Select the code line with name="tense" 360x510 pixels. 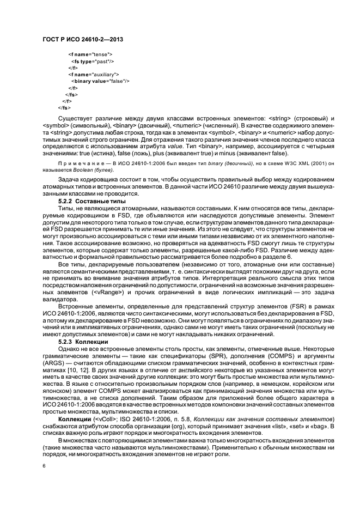[90, 54]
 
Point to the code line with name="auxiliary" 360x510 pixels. [94, 74]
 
